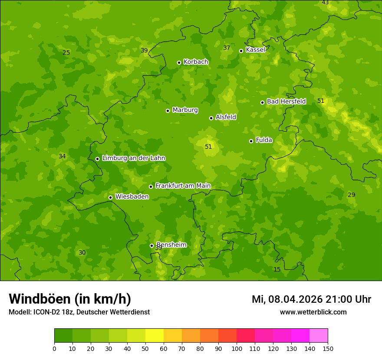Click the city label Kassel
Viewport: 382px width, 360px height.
tap(255, 50)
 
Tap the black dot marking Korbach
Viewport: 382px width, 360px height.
tap(179, 62)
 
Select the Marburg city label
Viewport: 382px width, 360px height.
tap(185, 110)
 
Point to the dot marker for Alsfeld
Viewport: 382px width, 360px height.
tap(211, 118)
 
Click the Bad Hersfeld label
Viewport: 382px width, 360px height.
tap(286, 101)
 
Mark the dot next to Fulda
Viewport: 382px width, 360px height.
tap(251, 141)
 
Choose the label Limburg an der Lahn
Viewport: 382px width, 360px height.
tap(133, 158)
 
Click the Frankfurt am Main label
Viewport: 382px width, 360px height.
tap(183, 186)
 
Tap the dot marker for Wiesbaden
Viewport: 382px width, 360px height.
tap(110, 197)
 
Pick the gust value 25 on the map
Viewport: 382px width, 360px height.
tap(66, 52)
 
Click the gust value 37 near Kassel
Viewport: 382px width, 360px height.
tap(227, 48)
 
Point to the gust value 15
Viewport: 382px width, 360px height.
tap(277, 269)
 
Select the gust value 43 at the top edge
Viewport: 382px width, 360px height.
tap(325, 3)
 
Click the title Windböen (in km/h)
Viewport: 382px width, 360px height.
tap(70, 299)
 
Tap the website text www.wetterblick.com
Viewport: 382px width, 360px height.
tap(313, 312)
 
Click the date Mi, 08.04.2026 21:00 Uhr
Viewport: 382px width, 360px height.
tap(311, 299)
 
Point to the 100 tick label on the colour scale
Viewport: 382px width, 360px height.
tap(237, 348)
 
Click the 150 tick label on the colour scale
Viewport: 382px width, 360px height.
tap(328, 348)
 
